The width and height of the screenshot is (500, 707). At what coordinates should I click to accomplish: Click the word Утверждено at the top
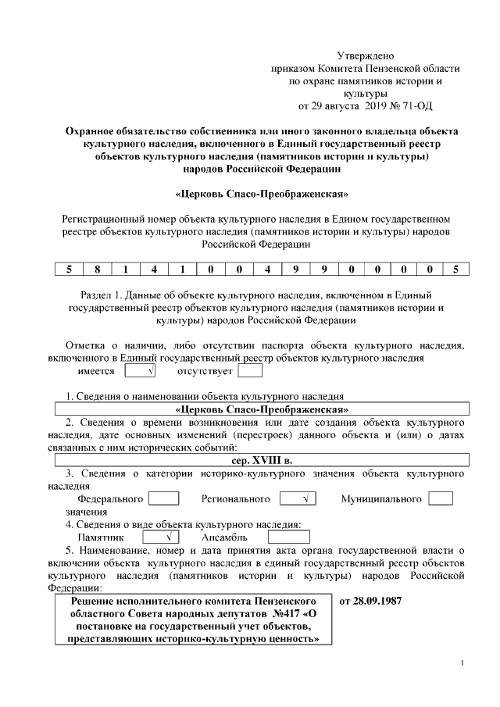(366, 56)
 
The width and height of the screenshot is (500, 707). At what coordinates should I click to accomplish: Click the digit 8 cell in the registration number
(97, 270)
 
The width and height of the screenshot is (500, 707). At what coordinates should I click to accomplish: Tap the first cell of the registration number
(69, 270)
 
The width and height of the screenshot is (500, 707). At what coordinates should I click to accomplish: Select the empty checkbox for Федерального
(163, 498)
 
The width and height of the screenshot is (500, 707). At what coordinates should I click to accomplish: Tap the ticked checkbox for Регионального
(296, 498)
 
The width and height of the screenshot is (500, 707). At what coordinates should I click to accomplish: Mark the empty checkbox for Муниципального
(441, 498)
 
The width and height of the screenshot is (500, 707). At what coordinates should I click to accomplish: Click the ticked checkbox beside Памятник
(161, 537)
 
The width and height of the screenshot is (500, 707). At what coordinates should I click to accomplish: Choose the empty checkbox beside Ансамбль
(288, 537)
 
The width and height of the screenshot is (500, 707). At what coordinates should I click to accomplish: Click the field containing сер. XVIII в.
(261, 461)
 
